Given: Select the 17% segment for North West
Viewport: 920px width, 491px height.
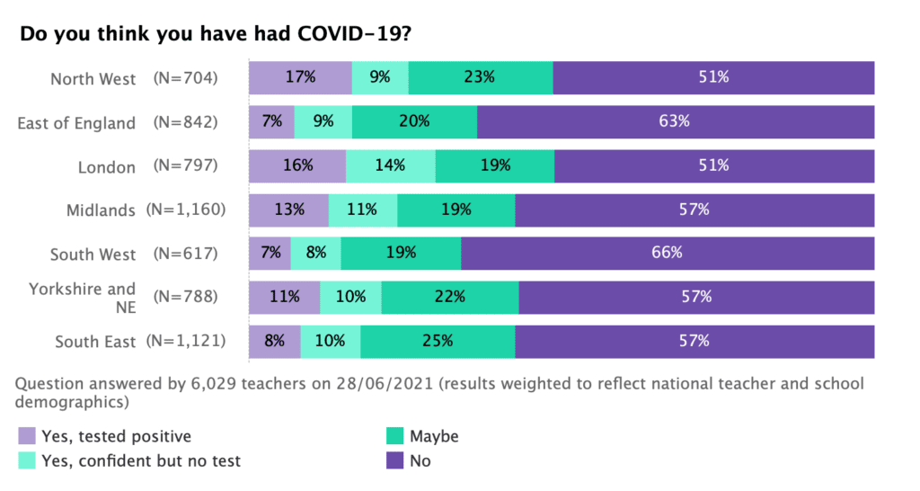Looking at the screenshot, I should pyautogui.click(x=300, y=77).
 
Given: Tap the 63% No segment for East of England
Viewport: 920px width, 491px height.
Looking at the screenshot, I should pyautogui.click(x=676, y=121).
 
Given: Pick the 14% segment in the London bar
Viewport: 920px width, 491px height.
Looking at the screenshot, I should pyautogui.click(x=391, y=165).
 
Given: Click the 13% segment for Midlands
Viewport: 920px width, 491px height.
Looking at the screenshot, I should pyautogui.click(x=288, y=210).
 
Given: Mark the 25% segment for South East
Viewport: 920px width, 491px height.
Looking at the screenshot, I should pyautogui.click(x=438, y=341).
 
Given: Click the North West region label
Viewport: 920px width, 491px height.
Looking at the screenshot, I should pyautogui.click(x=93, y=79).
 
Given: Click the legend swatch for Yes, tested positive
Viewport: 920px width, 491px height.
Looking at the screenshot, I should pyautogui.click(x=28, y=437).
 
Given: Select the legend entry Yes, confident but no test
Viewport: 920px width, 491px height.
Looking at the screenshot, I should pyautogui.click(x=140, y=461).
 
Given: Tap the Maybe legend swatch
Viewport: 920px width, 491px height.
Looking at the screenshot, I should pyautogui.click(x=394, y=437).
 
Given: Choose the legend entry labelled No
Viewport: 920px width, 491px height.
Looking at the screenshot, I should pyautogui.click(x=420, y=461).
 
